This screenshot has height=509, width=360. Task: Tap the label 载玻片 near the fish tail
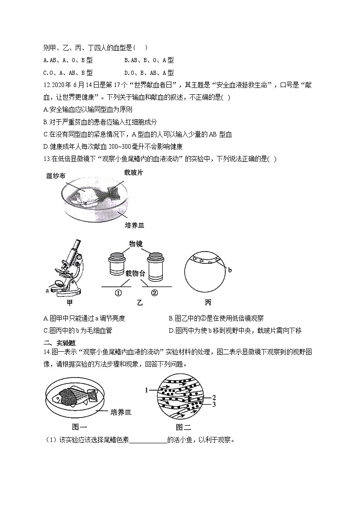click(x=134, y=172)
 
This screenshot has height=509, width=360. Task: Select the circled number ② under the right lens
click(x=154, y=293)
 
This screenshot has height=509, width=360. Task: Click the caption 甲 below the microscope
click(x=69, y=302)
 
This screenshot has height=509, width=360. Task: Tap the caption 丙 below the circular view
click(x=208, y=302)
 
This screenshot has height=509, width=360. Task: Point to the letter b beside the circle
click(x=230, y=270)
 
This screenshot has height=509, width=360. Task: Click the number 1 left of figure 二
click(x=146, y=390)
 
